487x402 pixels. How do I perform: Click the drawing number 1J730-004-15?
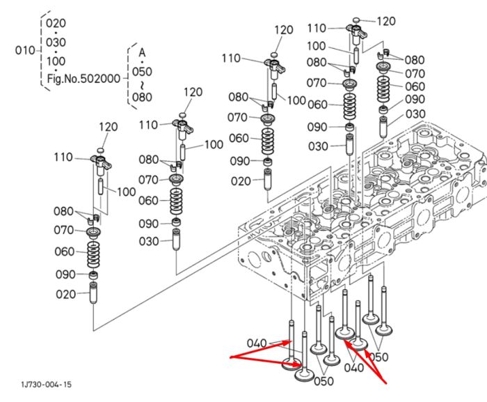[x=47, y=385]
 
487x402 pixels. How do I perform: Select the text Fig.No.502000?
[x=83, y=79]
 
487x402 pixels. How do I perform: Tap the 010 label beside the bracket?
[x=25, y=50]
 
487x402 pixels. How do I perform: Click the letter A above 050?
[x=142, y=52]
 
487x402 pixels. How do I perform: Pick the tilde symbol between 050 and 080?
[x=142, y=84]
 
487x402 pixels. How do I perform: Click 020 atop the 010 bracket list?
[x=56, y=23]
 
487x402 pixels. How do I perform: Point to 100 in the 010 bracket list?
[x=56, y=61]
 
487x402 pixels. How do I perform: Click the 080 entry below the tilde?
[x=142, y=97]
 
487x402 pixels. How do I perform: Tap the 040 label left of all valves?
[x=257, y=343]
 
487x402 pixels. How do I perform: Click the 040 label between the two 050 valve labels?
[x=353, y=367]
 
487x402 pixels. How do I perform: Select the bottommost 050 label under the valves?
[x=324, y=381]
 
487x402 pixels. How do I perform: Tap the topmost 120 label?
[x=386, y=21]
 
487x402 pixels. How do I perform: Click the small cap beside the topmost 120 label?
[x=356, y=20]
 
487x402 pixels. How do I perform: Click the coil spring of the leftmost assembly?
[x=93, y=255]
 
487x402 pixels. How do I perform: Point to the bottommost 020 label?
[x=66, y=294]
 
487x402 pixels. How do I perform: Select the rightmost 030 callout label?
[x=415, y=114]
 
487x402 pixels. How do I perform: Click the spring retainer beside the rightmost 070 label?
[x=383, y=67]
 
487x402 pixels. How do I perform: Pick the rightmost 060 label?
[x=415, y=86]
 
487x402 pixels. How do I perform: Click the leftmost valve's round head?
[x=292, y=364]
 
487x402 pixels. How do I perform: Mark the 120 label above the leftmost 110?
[x=109, y=127]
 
